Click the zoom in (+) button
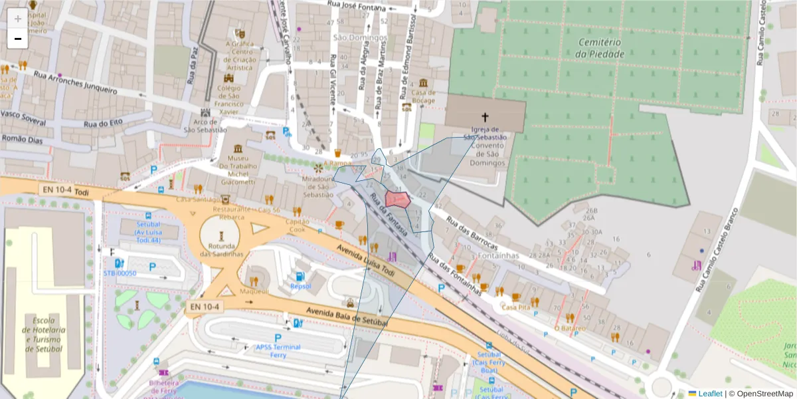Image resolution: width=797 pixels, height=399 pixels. pyautogui.click(x=17, y=19)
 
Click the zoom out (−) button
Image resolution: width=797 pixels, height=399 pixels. pyautogui.click(x=17, y=39)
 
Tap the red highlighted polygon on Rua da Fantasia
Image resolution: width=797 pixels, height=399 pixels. pyautogui.click(x=397, y=200)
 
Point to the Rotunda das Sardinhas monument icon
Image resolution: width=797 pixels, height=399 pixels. pyautogui.click(x=221, y=235)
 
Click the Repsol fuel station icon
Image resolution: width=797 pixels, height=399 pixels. pyautogui.click(x=300, y=276)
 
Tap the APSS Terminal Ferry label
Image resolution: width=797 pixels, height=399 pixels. pyautogui.click(x=278, y=350)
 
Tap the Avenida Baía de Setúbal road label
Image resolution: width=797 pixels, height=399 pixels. pyautogui.click(x=346, y=317)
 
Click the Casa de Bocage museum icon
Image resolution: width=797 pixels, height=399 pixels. pyautogui.click(x=423, y=83)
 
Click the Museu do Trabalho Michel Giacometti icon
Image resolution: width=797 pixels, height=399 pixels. pyautogui.click(x=238, y=148)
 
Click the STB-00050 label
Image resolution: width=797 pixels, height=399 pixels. pyautogui.click(x=120, y=273)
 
